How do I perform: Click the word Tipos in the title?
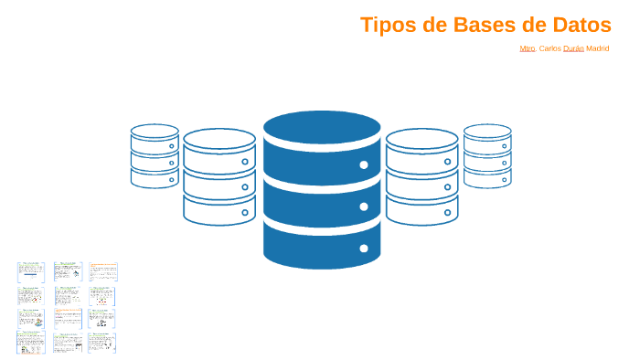[388, 25]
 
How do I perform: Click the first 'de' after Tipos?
[435, 25]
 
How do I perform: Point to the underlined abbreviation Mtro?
[527, 48]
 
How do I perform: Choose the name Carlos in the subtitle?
[549, 48]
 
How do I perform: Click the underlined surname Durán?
[573, 48]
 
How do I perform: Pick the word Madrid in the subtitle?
[598, 48]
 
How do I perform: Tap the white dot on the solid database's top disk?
[364, 165]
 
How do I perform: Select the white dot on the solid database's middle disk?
[364, 206]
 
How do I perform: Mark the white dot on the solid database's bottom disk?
[364, 248]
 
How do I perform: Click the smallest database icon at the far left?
[155, 156]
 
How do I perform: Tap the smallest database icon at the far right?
[487, 156]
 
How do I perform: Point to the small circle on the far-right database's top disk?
[503, 145]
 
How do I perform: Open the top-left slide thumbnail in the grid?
[31, 271]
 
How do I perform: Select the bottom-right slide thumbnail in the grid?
[101, 343]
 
